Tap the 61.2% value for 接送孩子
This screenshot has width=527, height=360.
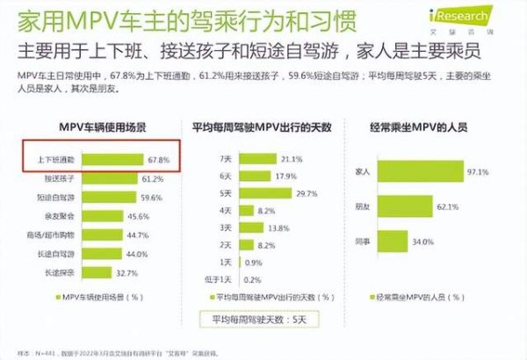pos(150,178)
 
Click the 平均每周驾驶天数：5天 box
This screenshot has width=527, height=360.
pos(255,317)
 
